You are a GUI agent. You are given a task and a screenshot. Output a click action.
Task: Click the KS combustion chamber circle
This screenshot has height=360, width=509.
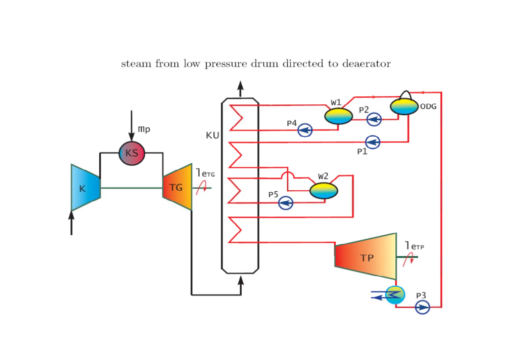pos(132,153)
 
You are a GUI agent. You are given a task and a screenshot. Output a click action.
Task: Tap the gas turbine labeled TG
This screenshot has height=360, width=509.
pos(177,187)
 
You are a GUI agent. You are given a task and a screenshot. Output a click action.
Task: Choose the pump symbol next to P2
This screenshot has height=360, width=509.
pos(374,119)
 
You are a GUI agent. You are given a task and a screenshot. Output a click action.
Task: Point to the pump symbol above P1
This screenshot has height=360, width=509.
pos(373,142)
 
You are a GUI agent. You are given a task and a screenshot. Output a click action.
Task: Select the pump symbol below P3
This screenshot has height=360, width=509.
pos(422,308)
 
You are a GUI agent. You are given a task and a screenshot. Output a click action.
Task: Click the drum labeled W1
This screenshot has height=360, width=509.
pos(339,116)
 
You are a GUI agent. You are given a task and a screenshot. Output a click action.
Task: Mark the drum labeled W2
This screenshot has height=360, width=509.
pos(324,190)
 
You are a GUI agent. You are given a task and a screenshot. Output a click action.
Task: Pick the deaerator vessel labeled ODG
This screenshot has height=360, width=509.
pos(404,106)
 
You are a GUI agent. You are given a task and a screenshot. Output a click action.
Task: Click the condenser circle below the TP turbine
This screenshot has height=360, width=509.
pos(395,295)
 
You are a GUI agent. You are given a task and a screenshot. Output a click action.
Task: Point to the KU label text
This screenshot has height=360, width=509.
pos(212,136)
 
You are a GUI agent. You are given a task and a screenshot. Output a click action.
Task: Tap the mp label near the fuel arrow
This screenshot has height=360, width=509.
pos(144,129)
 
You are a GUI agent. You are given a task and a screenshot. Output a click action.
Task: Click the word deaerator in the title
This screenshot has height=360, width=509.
pos(367,64)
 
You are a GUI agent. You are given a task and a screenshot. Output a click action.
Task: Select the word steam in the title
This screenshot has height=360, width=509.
pos(136,64)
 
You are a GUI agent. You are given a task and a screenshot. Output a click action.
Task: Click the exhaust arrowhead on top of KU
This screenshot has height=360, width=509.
pos(241,85)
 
